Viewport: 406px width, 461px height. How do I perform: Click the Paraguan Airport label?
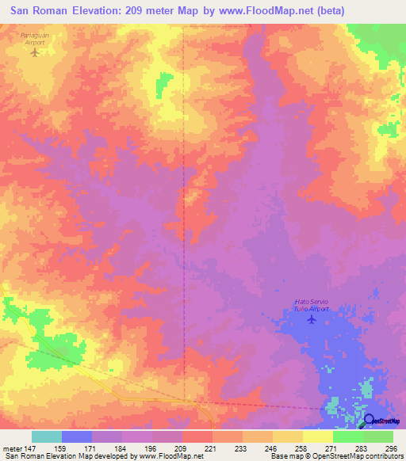[33, 40]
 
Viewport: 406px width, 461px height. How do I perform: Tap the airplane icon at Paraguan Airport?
[33, 54]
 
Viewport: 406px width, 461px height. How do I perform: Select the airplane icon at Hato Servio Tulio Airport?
[311, 320]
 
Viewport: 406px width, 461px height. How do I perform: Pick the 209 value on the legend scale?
[182, 448]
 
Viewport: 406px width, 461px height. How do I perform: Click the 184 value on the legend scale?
[121, 448]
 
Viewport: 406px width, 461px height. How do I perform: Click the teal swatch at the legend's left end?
[46, 436]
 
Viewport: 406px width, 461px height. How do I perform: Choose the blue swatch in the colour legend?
[76, 436]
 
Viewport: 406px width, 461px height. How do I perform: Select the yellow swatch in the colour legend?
[317, 436]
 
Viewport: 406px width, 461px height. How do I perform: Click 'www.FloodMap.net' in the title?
[258, 12]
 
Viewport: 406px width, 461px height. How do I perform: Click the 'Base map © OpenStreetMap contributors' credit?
[336, 457]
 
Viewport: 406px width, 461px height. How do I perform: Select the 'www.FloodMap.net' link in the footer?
[170, 457]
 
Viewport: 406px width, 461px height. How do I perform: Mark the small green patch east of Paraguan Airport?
[164, 81]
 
